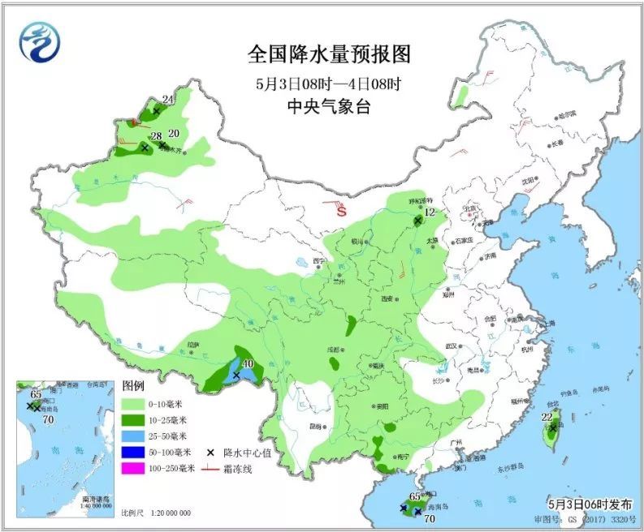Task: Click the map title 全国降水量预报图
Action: (329, 54)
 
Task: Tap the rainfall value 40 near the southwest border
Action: (249, 363)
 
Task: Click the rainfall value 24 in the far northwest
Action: (168, 100)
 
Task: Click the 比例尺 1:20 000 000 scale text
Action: (156, 513)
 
